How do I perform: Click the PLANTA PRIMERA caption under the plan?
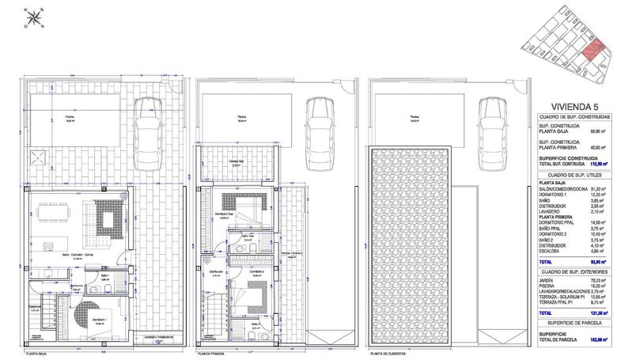(211, 354)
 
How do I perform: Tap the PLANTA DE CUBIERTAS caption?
(388, 354)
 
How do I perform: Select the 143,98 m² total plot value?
(611, 340)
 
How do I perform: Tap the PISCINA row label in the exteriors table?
(550, 286)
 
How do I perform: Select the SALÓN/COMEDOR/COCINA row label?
(566, 190)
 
